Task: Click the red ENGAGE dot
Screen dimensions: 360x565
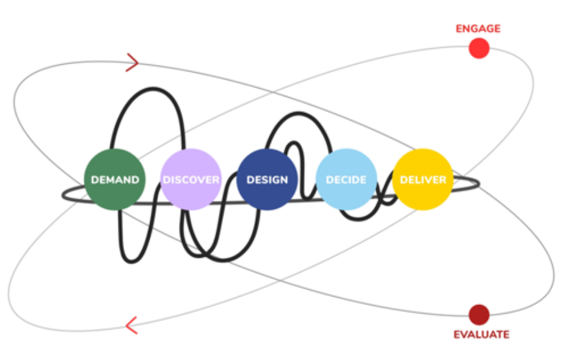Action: click(x=479, y=48)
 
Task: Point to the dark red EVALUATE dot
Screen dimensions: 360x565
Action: click(x=479, y=315)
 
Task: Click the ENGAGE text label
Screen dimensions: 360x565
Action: click(x=478, y=28)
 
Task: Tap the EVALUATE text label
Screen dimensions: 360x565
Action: click(x=481, y=334)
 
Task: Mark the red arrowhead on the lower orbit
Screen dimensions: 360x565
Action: click(x=131, y=325)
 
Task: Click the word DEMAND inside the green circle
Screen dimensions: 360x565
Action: click(x=115, y=180)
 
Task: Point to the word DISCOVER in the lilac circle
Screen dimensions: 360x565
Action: click(x=191, y=180)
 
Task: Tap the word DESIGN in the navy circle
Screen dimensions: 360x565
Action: click(x=267, y=180)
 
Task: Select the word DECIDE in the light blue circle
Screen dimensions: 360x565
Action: click(x=346, y=180)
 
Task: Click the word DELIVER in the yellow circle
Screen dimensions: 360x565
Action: click(x=423, y=180)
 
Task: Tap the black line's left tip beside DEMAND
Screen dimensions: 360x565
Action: click(x=64, y=195)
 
